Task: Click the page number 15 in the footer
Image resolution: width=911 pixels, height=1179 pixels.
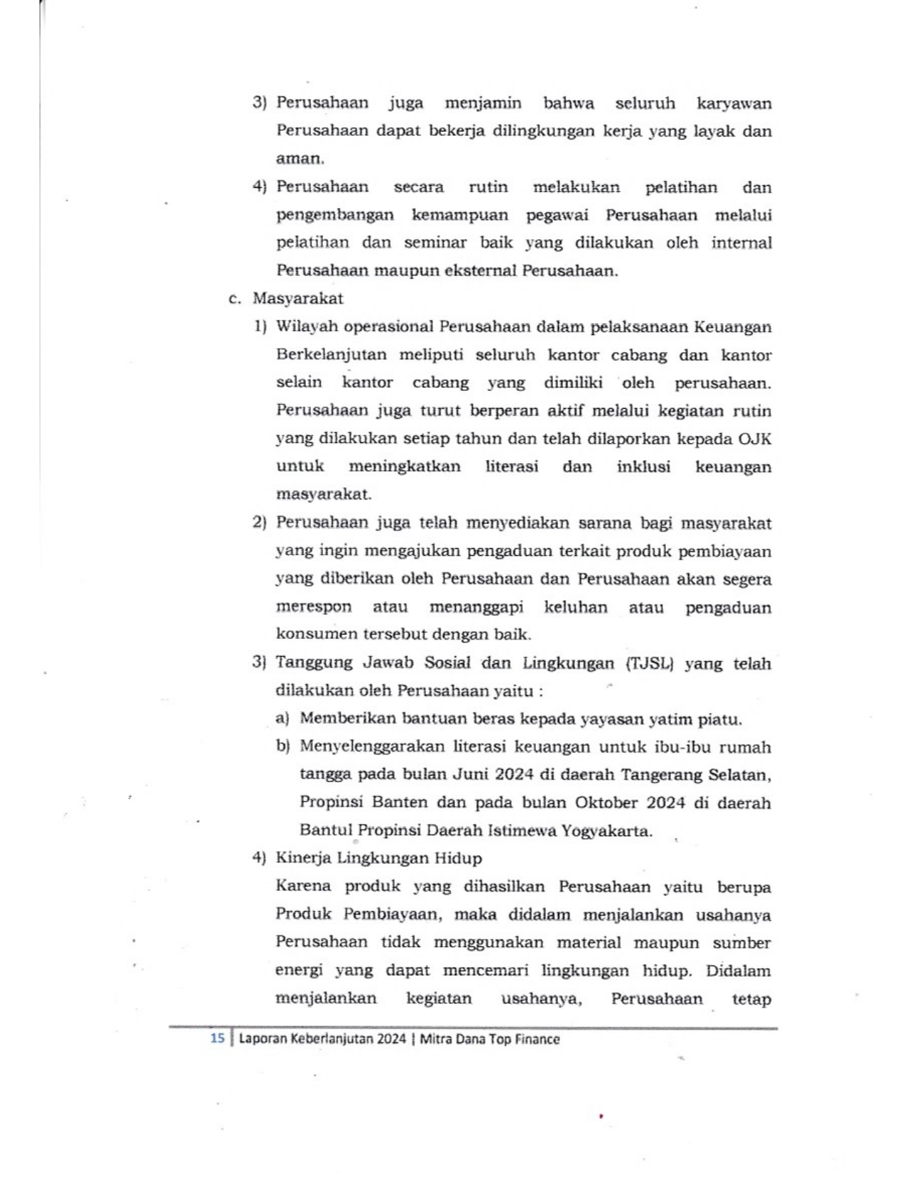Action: pyautogui.click(x=217, y=1038)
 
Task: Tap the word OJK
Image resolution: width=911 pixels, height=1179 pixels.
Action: pyautogui.click(x=755, y=439)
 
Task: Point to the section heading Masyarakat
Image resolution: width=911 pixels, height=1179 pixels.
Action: pyautogui.click(x=297, y=299)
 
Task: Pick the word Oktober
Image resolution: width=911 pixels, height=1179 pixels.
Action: pyautogui.click(x=606, y=802)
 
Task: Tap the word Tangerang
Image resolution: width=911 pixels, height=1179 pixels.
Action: pyautogui.click(x=659, y=775)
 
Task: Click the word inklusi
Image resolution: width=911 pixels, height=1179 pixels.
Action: pyautogui.click(x=643, y=467)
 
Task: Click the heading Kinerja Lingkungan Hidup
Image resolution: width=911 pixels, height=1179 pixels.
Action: pyautogui.click(x=379, y=858)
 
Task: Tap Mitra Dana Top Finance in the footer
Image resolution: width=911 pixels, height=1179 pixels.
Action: pyautogui.click(x=489, y=1039)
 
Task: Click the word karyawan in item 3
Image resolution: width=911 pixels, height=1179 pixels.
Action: pyautogui.click(x=734, y=104)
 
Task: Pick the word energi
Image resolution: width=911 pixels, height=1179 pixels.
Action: pyautogui.click(x=299, y=971)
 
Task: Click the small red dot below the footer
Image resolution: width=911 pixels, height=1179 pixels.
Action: pyautogui.click(x=602, y=1115)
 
